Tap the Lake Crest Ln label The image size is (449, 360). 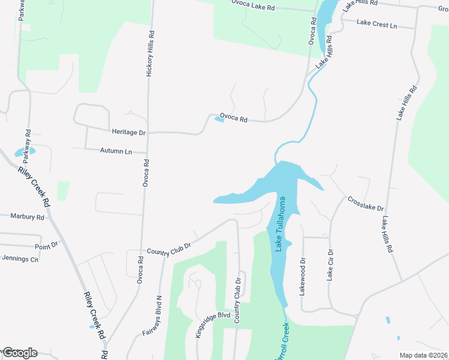click(377, 25)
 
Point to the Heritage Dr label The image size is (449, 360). click(128, 131)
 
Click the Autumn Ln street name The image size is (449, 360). click(116, 151)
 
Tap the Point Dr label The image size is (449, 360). click(46, 245)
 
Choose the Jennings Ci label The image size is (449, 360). click(20, 259)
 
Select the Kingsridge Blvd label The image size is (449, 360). click(213, 325)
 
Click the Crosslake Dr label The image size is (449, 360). click(365, 203)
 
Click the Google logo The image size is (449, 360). click(19, 352)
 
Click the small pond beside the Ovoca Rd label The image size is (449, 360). click(219, 119)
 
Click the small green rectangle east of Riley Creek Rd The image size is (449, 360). click(63, 191)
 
